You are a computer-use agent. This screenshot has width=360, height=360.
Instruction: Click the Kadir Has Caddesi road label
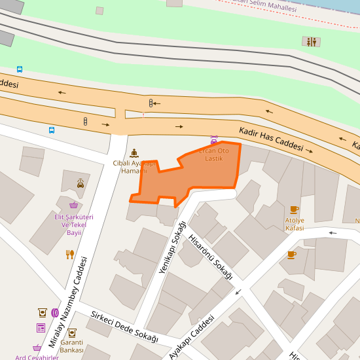point(270,139)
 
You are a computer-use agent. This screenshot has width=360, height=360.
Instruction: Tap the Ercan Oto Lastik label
point(214,154)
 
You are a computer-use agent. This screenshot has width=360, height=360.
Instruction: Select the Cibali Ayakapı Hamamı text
point(134,167)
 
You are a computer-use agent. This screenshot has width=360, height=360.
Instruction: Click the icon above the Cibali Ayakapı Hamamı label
point(135,153)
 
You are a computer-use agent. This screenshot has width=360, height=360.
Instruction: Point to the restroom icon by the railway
point(312,41)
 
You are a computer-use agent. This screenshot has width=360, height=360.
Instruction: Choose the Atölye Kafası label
point(295,224)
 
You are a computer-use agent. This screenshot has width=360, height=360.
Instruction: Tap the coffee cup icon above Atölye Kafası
point(294,209)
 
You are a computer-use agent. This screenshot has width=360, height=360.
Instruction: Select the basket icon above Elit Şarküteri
point(73,205)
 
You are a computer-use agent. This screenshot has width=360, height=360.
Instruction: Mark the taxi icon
point(81,183)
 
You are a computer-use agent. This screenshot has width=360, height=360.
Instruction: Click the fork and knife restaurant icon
point(70,254)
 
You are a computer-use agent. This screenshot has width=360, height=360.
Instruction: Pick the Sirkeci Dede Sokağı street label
point(124,326)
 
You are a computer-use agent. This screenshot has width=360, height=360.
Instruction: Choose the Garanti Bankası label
point(71,346)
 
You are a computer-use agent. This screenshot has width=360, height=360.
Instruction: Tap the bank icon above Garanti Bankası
point(71,333)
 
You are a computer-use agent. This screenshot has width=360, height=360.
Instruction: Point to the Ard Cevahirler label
point(37,357)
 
